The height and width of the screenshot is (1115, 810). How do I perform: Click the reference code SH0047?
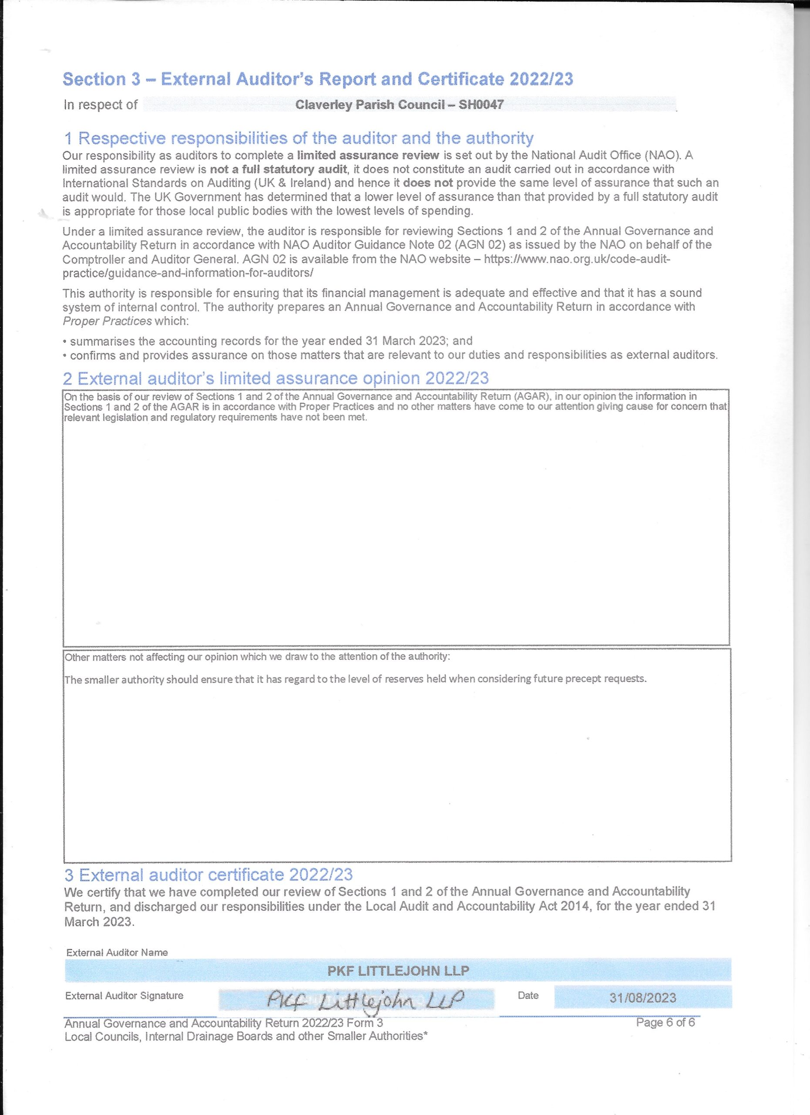(481, 105)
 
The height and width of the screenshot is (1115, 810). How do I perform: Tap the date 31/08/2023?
(642, 998)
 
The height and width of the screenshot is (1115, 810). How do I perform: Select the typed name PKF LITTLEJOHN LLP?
(398, 971)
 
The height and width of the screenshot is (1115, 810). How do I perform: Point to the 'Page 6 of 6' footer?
(665, 1023)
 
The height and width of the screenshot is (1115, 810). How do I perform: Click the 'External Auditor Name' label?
(117, 952)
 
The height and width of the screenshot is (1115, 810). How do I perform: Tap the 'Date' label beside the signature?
(528, 996)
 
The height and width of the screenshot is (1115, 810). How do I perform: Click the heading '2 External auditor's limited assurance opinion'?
(276, 378)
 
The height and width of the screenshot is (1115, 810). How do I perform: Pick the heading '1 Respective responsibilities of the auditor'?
(298, 138)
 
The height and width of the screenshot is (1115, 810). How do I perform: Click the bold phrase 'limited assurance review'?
(368, 155)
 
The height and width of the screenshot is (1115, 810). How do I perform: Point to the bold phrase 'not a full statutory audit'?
(279, 169)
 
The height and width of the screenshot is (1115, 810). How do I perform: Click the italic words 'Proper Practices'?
(107, 321)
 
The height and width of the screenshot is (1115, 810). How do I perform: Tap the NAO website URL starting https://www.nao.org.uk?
(577, 259)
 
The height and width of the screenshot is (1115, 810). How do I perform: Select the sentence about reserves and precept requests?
(356, 679)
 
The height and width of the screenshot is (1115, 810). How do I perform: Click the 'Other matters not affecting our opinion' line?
(257, 657)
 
